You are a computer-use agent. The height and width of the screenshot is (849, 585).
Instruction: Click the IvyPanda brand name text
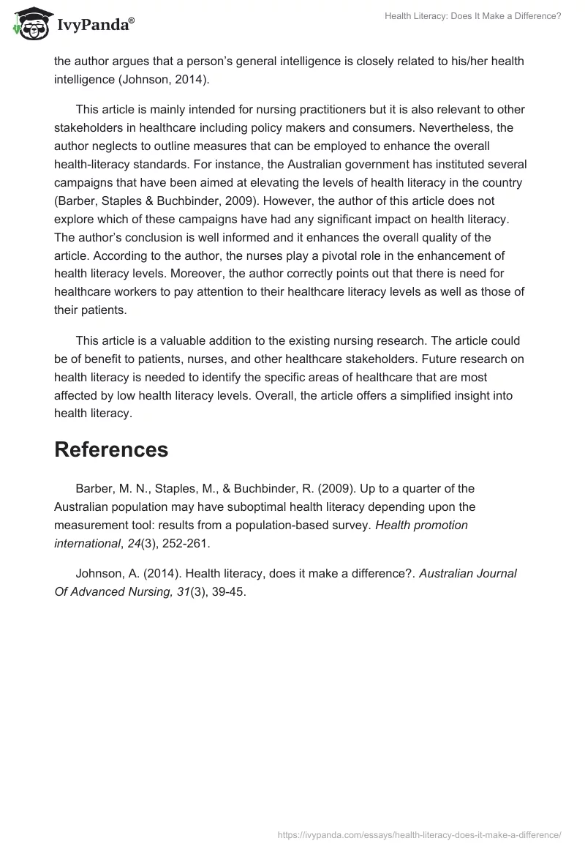[x=95, y=26]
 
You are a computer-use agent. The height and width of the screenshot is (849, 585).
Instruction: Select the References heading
[x=111, y=450]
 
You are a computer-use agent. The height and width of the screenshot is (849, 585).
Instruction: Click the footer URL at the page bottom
[x=419, y=834]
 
